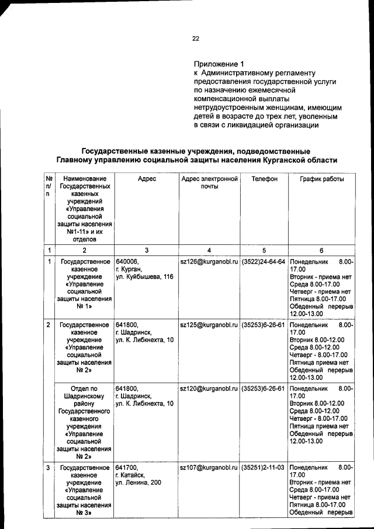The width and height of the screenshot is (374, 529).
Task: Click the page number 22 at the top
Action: tap(196, 39)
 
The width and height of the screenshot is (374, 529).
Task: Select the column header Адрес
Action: tap(146, 178)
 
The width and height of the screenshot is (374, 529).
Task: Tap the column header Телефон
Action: tap(264, 178)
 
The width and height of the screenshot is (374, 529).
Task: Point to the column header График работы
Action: tap(322, 178)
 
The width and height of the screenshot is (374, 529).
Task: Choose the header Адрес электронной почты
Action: tap(209, 182)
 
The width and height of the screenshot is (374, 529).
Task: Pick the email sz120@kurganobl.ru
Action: tap(209, 388)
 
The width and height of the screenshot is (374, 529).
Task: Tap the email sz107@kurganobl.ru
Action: tap(209, 468)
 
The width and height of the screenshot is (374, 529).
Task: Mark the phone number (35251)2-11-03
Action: tap(264, 468)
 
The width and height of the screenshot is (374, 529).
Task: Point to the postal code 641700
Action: tap(127, 468)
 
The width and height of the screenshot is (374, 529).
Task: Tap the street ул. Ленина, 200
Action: tap(139, 483)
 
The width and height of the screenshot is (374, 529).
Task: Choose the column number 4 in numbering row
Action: tap(209, 250)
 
